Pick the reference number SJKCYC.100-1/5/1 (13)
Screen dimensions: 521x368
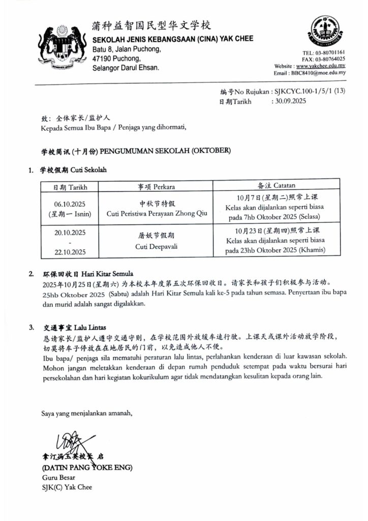coord(310,92)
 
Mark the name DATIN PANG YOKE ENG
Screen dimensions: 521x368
coord(86,467)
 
